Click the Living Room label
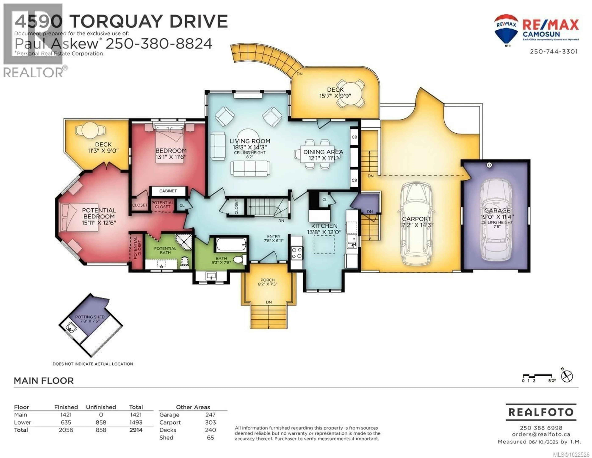pyautogui.click(x=250, y=141)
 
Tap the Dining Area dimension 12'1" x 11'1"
pyautogui.click(x=323, y=158)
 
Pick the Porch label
pyautogui.click(x=267, y=280)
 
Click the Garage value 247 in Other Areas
pyautogui.click(x=210, y=415)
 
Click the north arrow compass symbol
pyautogui.click(x=567, y=376)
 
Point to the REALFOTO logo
pyautogui.click(x=541, y=412)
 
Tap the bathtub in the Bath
pyautogui.click(x=231, y=244)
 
